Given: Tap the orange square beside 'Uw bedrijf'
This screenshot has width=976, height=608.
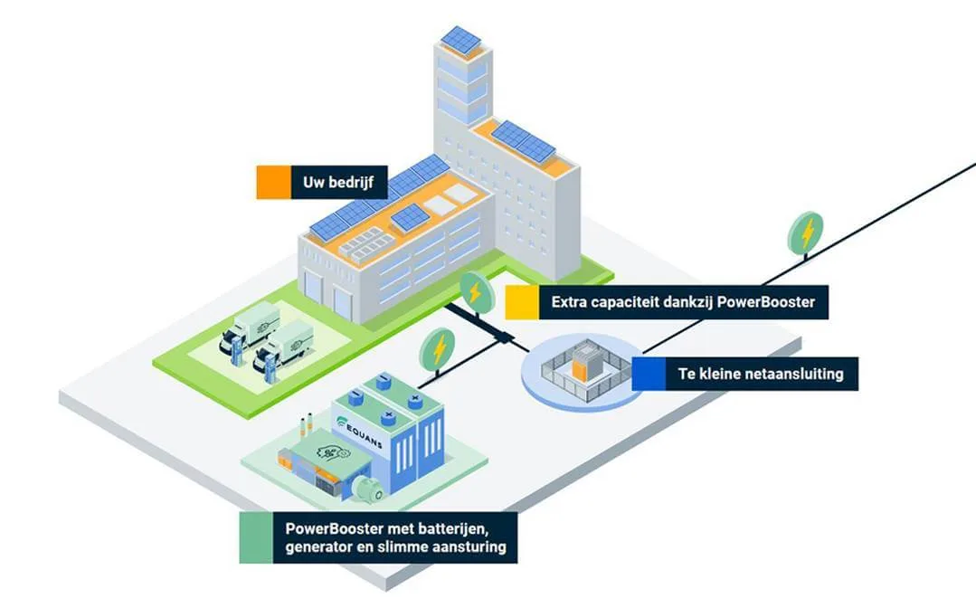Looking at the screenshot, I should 272,183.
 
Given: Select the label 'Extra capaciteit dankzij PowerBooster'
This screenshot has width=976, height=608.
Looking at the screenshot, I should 684,302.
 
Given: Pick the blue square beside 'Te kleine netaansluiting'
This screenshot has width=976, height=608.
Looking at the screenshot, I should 648,374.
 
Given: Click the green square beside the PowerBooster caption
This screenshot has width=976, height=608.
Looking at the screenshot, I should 256,537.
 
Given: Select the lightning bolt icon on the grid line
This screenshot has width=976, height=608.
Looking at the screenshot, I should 806,232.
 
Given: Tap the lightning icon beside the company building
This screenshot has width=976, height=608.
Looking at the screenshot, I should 472,290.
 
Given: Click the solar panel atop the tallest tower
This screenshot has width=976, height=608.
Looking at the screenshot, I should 462,39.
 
